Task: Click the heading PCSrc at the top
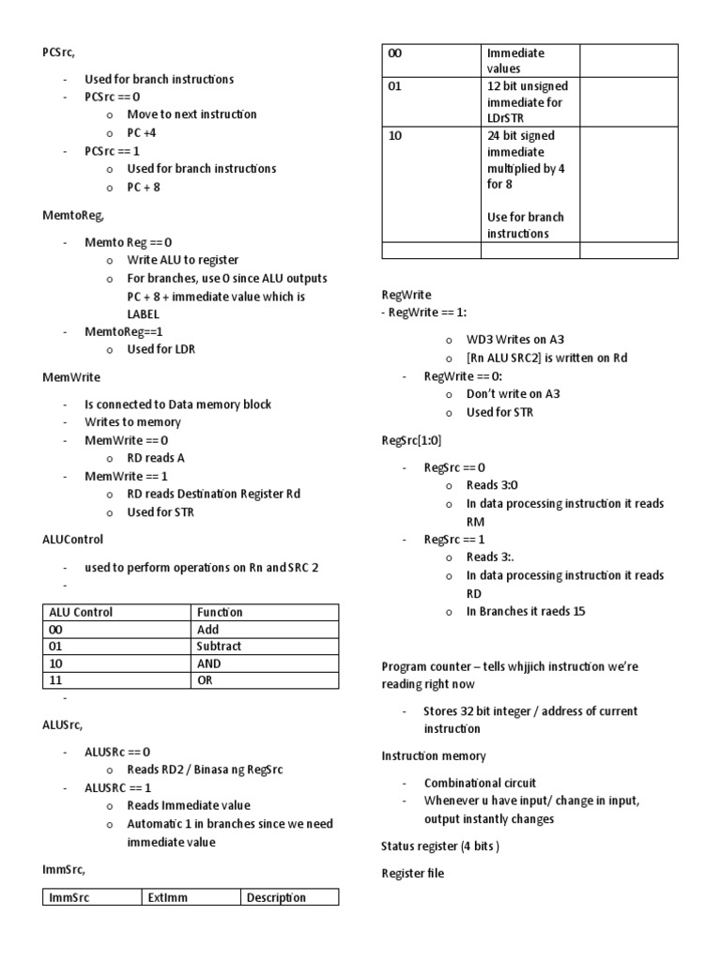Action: pos(58,53)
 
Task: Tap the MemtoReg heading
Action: pos(72,215)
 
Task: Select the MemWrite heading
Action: pos(70,376)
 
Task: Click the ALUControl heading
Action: pos(73,540)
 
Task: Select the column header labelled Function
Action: pos(221,612)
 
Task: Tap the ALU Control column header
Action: pos(80,612)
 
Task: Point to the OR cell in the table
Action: pos(206,680)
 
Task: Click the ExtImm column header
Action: pos(168,897)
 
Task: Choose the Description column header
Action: pos(276,897)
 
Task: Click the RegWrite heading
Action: pos(407,295)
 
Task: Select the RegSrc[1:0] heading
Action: pos(411,439)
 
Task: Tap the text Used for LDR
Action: pos(161,349)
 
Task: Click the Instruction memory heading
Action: pos(433,755)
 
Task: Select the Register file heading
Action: pos(413,874)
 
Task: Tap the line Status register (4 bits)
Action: pos(440,846)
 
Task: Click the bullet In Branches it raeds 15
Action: pos(526,611)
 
